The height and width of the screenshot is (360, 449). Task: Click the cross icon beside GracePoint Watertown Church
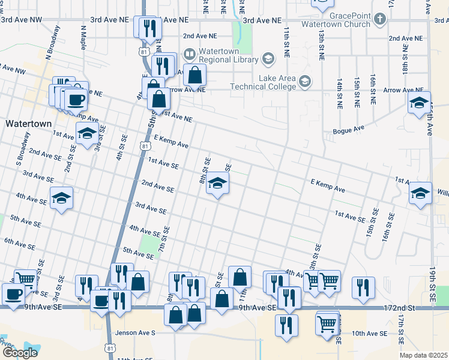pos(379,19)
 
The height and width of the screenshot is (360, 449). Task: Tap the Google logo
pos(20,353)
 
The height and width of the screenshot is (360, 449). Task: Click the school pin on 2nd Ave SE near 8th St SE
pos(217,184)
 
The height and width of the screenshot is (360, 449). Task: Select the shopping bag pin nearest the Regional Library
pos(194,75)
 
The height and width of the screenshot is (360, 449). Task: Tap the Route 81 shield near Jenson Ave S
pos(109,347)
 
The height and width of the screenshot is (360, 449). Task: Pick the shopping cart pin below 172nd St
pos(327,322)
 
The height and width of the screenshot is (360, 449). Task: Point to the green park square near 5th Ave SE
pos(148,243)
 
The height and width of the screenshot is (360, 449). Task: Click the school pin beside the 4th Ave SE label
pos(61,197)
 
